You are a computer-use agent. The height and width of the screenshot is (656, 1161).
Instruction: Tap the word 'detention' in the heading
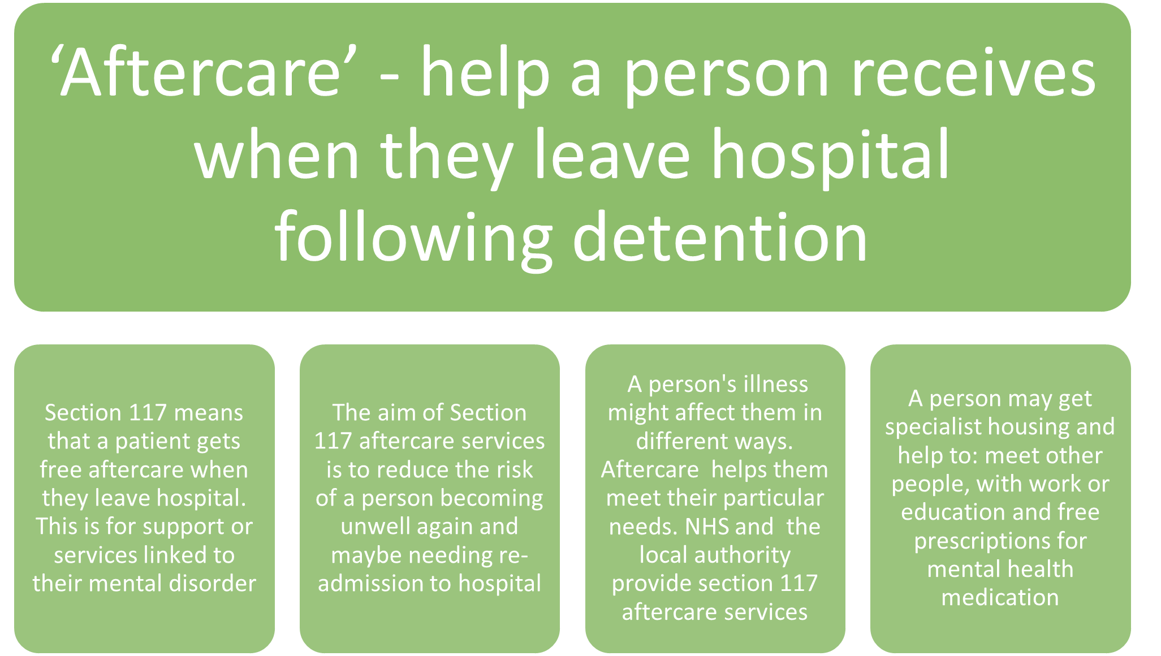(x=720, y=236)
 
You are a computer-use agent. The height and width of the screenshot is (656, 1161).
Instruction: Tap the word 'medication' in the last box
(x=1000, y=597)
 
